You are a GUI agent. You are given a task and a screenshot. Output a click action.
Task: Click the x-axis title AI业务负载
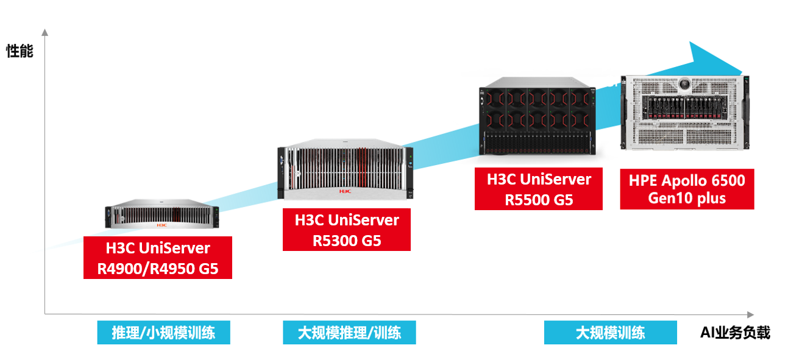click(x=735, y=333)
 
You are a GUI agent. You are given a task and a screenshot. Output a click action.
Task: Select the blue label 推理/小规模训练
click(x=163, y=333)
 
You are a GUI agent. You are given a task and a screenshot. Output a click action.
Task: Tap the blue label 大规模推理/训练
click(x=349, y=333)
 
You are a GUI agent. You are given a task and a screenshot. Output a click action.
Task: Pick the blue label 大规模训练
click(x=610, y=333)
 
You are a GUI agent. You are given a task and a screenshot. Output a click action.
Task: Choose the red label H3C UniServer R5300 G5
click(x=346, y=229)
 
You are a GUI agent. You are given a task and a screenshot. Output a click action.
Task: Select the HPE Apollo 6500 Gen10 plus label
click(x=687, y=189)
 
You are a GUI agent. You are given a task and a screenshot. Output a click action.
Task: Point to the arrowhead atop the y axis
click(x=44, y=32)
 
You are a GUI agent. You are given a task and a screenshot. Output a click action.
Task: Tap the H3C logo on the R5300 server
click(x=346, y=191)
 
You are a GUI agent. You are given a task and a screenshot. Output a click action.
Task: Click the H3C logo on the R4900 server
click(x=161, y=225)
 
